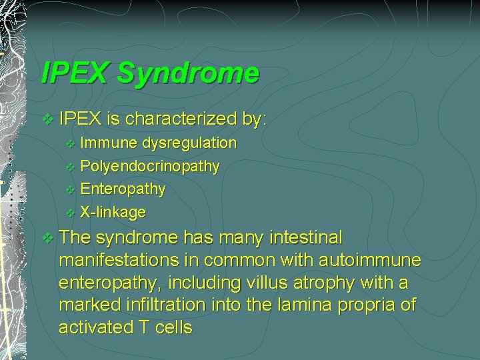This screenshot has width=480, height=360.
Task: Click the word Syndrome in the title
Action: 188,73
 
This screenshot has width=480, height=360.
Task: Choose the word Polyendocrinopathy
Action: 149,166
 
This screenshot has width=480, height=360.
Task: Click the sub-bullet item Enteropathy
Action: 123,189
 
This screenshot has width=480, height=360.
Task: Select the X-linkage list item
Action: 113,213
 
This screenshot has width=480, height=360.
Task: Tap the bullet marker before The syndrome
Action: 47,238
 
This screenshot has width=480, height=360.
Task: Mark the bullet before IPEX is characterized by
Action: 47,120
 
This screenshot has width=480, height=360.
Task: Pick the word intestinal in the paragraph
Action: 306,237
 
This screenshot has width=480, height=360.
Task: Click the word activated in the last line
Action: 95,327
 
